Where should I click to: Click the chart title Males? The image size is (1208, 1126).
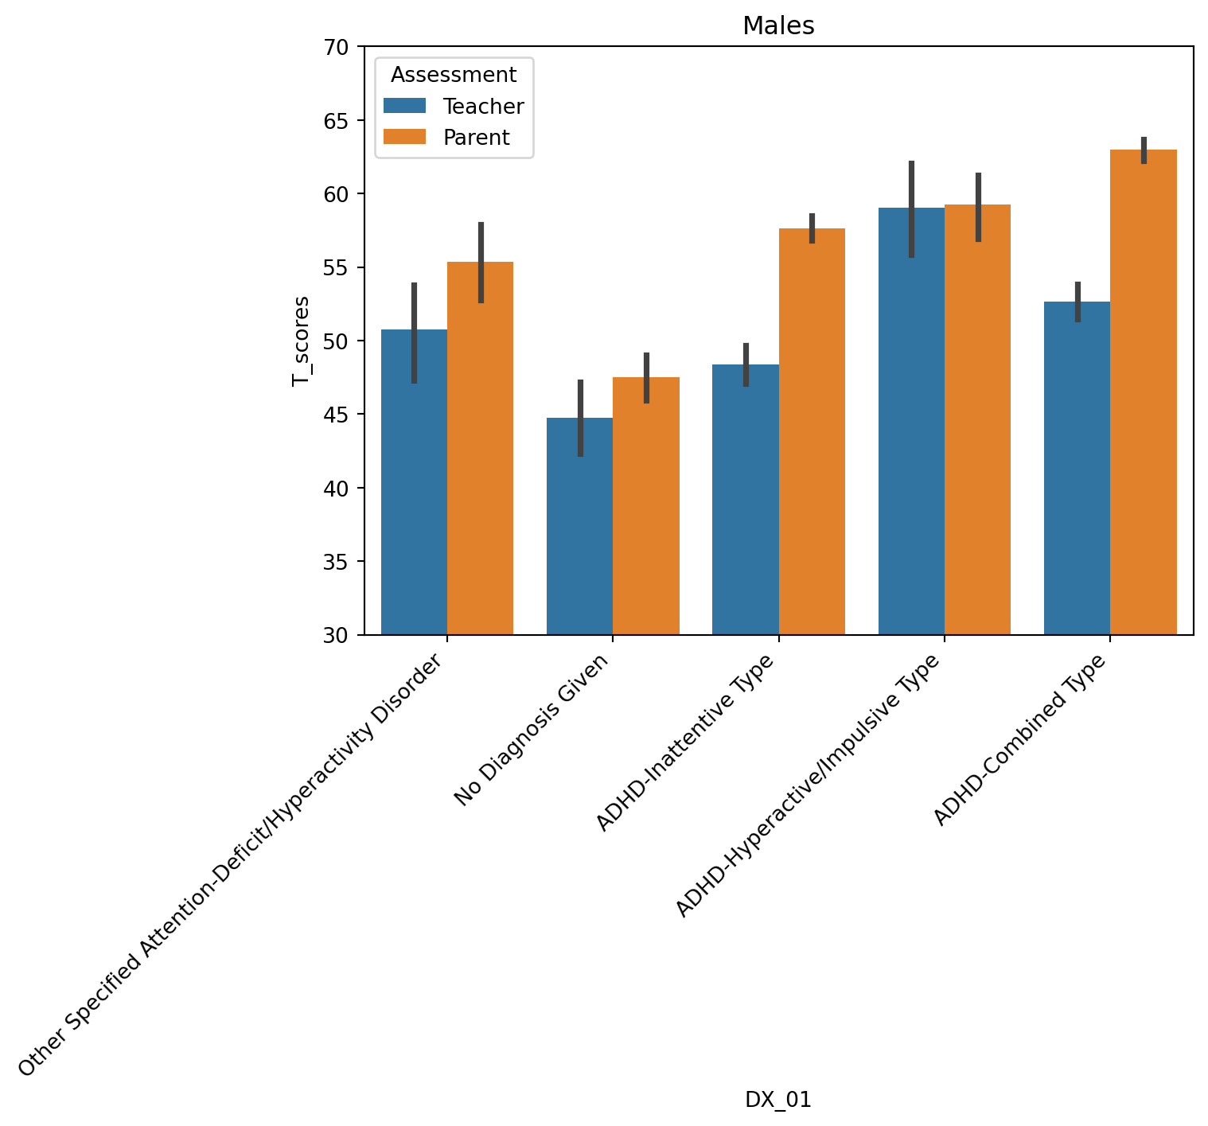coord(777,26)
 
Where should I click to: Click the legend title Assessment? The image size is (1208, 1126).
coord(454,75)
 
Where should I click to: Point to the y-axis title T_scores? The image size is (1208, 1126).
coord(300,341)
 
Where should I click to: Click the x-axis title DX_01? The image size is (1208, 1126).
coord(777,1100)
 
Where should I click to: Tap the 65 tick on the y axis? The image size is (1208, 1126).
coord(337,121)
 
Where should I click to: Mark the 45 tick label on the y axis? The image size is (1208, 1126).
coord(337,415)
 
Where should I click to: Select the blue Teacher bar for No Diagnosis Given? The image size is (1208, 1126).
coord(579,526)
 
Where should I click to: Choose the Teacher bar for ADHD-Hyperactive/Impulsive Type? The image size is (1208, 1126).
coord(911,421)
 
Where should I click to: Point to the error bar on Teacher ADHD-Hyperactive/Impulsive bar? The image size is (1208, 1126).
coord(911,208)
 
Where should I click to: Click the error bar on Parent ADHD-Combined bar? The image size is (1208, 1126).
coord(1144,150)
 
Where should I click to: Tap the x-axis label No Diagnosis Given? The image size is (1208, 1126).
coord(532,730)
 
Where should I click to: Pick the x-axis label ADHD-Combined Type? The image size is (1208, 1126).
coord(1020,740)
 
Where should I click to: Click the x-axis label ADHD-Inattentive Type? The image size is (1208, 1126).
coord(686,742)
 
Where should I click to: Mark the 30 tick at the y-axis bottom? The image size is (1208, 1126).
coord(337,635)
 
